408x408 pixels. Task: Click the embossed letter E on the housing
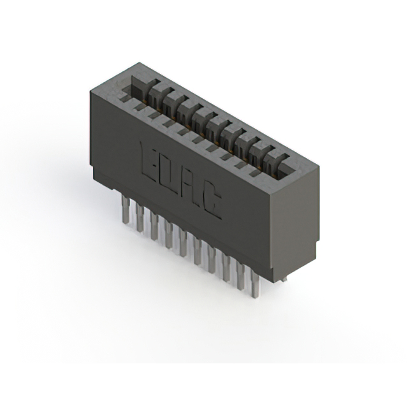click(149, 159)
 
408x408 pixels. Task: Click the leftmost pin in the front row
click(126, 210)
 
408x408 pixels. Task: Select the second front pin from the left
click(140, 217)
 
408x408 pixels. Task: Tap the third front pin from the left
click(154, 226)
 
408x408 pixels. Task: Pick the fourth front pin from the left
click(168, 234)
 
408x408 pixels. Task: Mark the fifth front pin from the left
click(183, 242)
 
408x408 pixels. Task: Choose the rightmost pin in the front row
click(255, 284)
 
